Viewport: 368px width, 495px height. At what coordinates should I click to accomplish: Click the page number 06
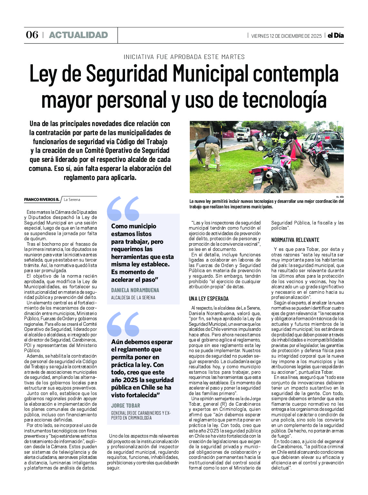[x=32, y=35]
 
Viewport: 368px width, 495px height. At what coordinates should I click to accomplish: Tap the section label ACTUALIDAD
[x=78, y=35]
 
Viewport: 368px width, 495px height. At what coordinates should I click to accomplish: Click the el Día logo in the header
[x=335, y=35]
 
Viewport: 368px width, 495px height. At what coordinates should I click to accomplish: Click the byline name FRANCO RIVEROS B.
[x=42, y=200]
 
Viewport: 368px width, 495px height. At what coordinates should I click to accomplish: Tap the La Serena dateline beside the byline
[x=72, y=200]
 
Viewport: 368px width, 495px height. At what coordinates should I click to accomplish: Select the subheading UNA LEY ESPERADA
[x=208, y=299]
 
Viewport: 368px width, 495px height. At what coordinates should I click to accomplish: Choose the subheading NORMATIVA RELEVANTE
[x=295, y=240]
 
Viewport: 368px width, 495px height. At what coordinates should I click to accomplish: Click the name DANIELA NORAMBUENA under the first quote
[x=135, y=290]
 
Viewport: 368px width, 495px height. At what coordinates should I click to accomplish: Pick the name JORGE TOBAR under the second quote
[x=126, y=406]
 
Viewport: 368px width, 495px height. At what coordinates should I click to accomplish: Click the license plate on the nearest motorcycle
[x=257, y=179]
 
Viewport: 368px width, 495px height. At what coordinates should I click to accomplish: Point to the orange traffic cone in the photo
[x=293, y=152]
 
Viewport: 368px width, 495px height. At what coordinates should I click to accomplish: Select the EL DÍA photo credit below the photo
[x=340, y=197]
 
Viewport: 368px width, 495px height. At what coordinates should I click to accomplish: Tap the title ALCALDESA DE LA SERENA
[x=133, y=298]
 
